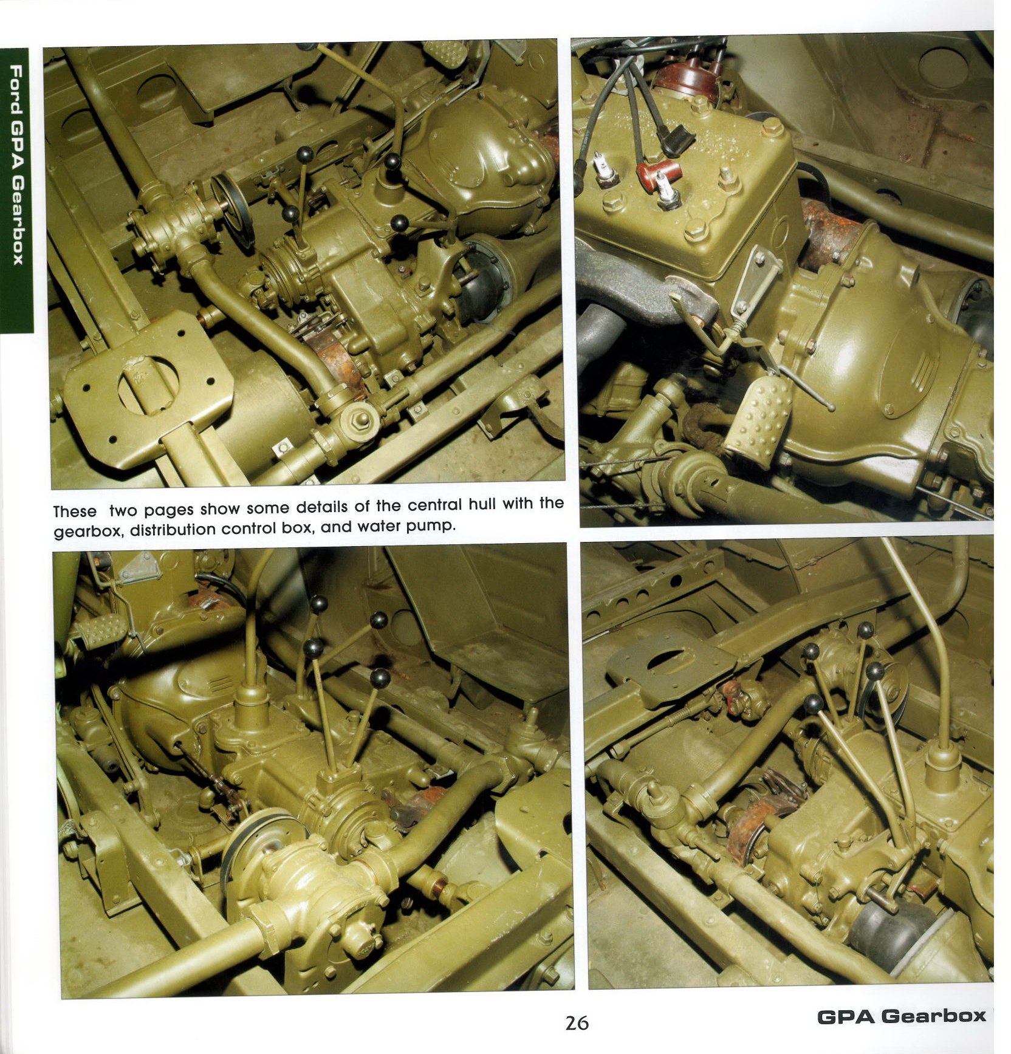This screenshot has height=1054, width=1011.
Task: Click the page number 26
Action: [x=577, y=1023]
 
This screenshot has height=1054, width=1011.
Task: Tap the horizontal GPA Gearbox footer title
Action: [x=902, y=1016]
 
